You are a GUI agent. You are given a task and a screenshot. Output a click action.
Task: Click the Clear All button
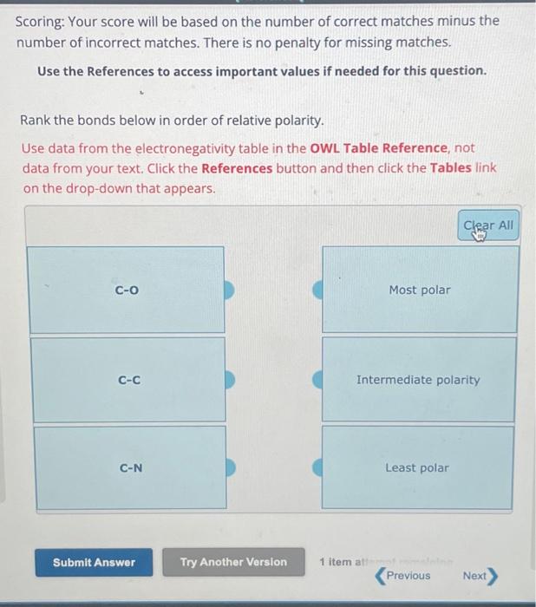pos(488,225)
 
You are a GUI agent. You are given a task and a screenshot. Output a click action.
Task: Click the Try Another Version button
pos(233,562)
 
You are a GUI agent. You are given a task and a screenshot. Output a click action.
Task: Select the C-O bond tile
pos(127,290)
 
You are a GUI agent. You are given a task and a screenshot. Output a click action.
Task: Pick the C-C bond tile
pos(129,380)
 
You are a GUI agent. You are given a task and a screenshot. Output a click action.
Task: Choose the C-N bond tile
pos(131,468)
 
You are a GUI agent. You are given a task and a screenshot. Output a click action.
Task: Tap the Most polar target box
pos(420,290)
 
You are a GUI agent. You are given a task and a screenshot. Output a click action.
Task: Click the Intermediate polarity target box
pos(418,380)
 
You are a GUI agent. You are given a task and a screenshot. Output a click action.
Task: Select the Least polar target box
pos(417,468)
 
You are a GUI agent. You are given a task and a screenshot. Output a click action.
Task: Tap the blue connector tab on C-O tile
pos(230,290)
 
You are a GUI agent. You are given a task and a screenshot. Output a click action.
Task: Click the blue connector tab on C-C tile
pos(231,380)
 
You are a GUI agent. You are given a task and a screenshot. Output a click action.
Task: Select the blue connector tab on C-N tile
pos(232,468)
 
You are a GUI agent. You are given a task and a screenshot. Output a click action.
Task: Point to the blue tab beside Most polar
pos(317,290)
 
